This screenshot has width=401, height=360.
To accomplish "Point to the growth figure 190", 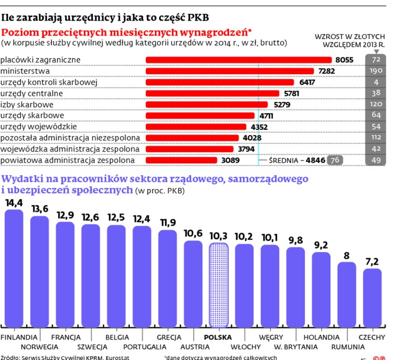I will click(x=376, y=71).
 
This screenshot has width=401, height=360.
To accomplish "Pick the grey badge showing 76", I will click(x=335, y=160).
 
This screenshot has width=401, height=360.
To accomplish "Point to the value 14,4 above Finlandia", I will click(x=14, y=203).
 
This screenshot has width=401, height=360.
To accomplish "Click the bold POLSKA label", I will click(x=218, y=337).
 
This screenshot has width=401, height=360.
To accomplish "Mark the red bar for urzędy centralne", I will click(x=212, y=93).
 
